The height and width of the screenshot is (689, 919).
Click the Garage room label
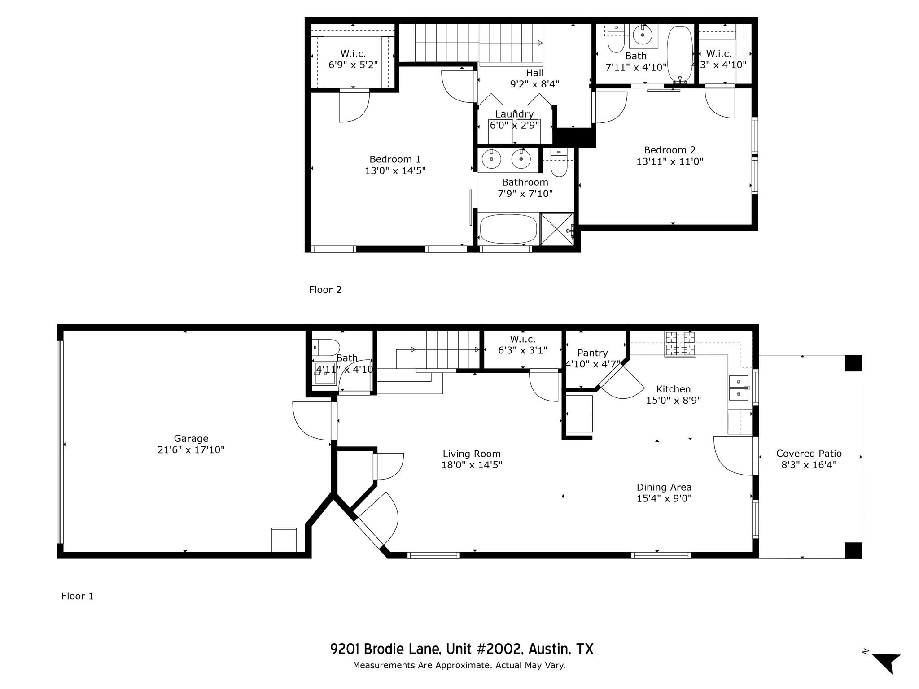191,438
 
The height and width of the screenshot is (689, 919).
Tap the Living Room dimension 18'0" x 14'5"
472,465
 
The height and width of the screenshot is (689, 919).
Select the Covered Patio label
809,454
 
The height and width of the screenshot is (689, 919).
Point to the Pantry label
592,353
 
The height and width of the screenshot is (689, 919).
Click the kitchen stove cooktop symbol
680,344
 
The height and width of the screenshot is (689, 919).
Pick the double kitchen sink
739,388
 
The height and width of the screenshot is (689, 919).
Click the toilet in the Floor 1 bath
326,347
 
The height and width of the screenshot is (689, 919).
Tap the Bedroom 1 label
395,159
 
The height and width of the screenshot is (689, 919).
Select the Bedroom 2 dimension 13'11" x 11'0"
670,161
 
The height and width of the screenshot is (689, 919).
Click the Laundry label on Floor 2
514,114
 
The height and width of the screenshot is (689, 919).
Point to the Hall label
534,73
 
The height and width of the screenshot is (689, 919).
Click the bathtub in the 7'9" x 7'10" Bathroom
508,229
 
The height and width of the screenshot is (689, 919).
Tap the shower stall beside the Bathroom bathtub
557,229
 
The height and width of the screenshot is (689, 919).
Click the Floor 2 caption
325,290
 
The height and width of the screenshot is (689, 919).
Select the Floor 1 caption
78,596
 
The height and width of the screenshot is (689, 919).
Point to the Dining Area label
664,487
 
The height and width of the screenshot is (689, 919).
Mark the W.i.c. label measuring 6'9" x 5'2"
353,54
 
